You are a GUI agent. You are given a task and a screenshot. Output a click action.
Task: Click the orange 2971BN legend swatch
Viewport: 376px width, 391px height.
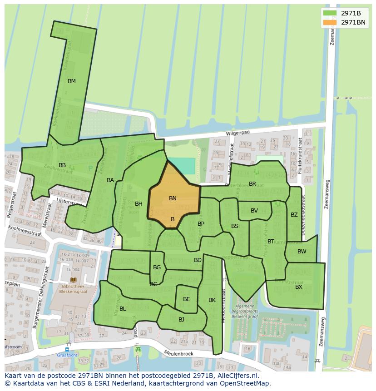click(330, 22)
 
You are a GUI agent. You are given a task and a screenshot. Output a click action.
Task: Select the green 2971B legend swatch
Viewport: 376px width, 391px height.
click(330, 13)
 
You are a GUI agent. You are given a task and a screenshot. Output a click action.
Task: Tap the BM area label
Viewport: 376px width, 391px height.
click(72, 81)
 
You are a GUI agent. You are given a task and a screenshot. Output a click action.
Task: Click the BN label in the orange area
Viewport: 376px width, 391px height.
click(173, 198)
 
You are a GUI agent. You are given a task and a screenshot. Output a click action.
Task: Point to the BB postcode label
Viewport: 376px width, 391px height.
click(62, 165)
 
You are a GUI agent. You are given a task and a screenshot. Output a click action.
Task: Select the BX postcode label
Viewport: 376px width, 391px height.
click(299, 287)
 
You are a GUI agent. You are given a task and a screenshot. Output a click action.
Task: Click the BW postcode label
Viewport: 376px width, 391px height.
click(302, 252)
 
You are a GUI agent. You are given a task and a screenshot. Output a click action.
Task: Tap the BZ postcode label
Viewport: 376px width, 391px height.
click(294, 215)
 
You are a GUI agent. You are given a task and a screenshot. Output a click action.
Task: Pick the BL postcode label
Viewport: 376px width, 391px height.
click(123, 309)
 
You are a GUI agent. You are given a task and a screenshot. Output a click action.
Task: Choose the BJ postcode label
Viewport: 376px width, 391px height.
click(181, 320)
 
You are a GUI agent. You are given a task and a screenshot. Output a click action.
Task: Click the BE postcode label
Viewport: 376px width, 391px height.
click(186, 299)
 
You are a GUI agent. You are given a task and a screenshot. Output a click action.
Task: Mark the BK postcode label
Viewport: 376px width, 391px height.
click(212, 300)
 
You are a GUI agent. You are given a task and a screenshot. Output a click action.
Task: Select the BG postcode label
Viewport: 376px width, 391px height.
click(157, 267)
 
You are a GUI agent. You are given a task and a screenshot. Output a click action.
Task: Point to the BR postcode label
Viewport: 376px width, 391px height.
click(252, 184)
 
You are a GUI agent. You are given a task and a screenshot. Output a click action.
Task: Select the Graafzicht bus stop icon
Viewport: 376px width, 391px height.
click(67, 350)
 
